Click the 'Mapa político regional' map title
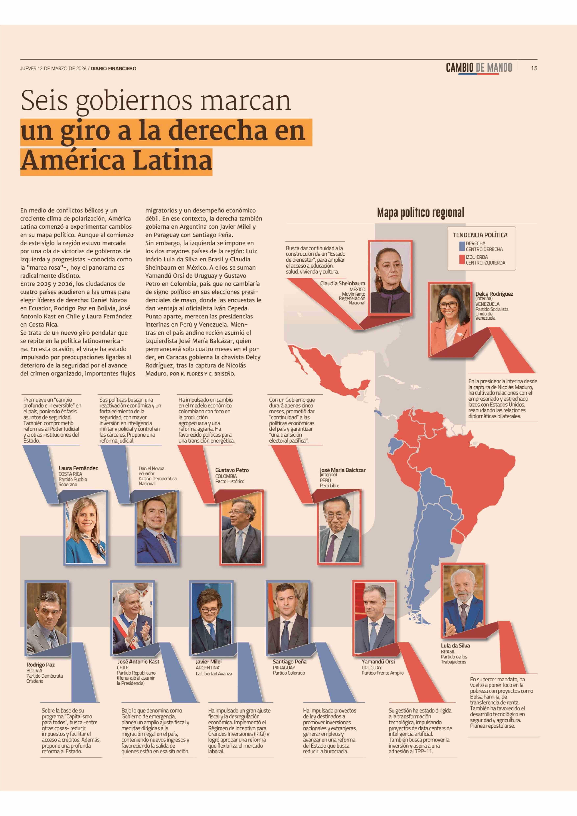[420, 213]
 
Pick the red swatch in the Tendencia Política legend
[462, 260]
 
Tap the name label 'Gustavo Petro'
[232, 470]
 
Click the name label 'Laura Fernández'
[78, 468]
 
